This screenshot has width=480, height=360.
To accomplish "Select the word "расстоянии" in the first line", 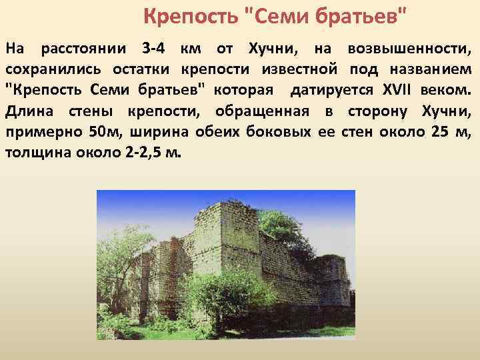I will point(84,49).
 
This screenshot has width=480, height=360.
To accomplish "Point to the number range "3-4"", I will point(155,49).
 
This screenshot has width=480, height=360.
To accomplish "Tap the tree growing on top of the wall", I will point(281,226).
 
